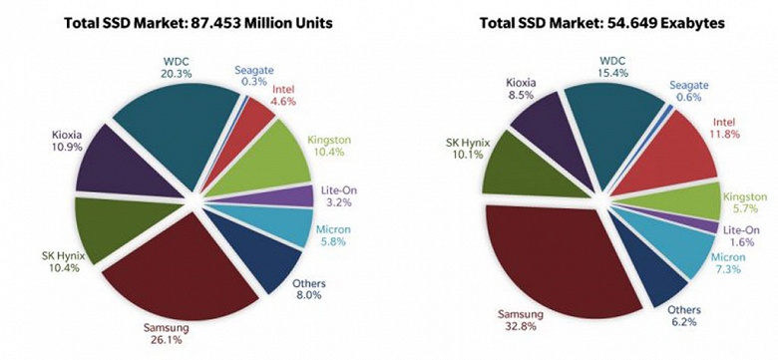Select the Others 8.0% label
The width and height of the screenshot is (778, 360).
[x=308, y=289]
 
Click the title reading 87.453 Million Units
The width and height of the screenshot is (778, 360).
[x=195, y=20]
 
